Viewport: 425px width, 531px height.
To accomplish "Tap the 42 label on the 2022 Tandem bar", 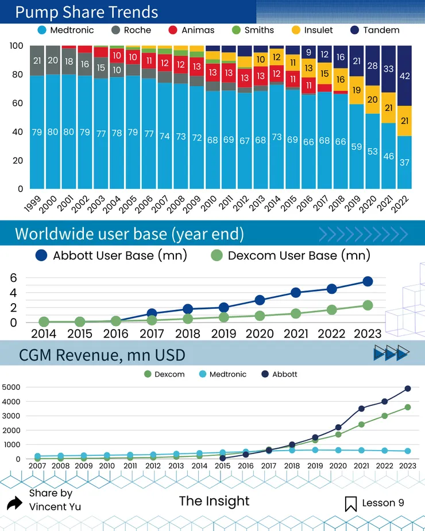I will [404, 75].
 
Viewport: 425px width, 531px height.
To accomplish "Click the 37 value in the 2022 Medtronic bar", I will [404, 162].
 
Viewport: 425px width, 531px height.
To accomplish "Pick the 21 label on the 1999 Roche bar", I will [37, 61].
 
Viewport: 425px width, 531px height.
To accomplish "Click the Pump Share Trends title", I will [86, 12].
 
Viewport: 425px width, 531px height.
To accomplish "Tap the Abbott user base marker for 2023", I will [368, 281].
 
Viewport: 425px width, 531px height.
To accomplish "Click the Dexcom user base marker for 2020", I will [260, 316].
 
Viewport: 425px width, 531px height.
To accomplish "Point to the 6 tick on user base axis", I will [14, 278].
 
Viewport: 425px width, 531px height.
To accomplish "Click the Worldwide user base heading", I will [129, 234].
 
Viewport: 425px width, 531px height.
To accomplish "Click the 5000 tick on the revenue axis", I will [11, 387].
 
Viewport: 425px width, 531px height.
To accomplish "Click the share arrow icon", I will [14, 503].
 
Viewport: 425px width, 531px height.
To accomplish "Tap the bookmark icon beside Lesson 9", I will [350, 503].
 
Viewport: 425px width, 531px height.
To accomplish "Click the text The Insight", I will [214, 501].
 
